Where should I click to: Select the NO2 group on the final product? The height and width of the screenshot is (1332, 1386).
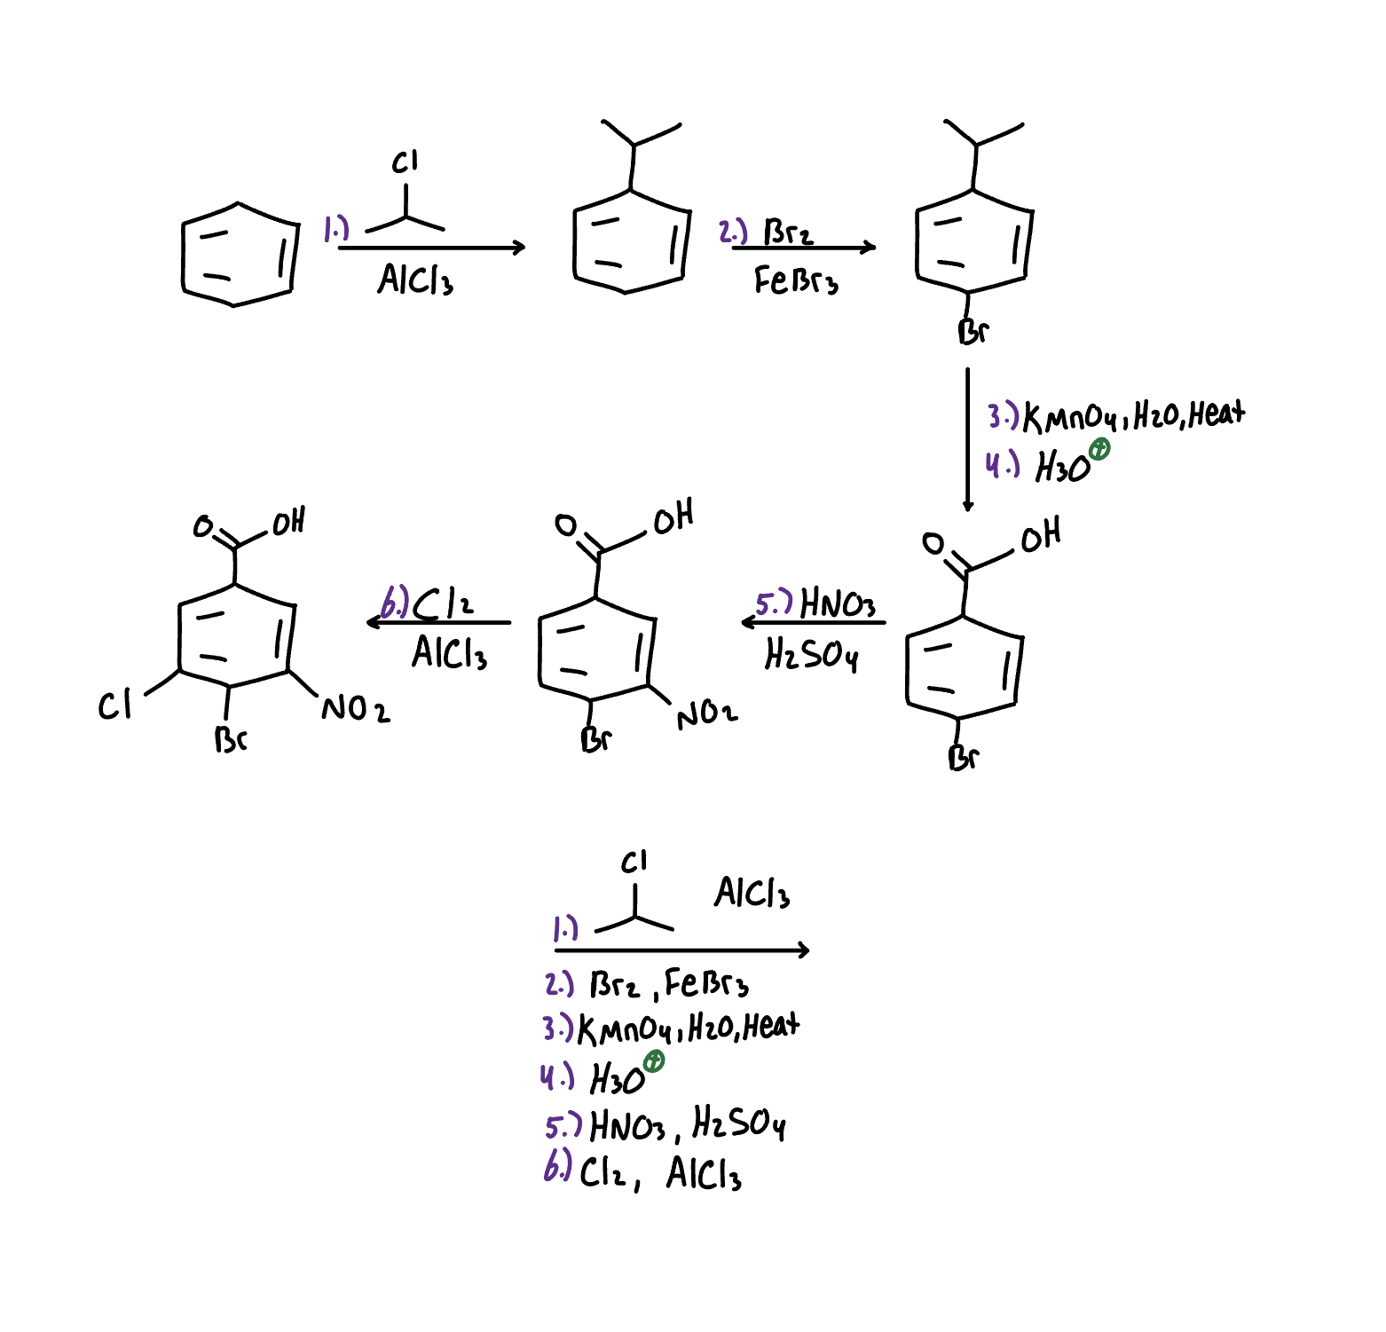(x=355, y=709)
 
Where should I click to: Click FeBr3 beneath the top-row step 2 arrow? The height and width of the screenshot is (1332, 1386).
(x=796, y=280)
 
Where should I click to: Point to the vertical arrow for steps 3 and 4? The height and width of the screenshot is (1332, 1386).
(x=967, y=439)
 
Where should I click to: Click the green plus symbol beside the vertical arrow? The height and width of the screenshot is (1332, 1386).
(x=1099, y=449)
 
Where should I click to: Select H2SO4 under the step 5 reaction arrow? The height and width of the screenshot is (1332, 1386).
(x=811, y=656)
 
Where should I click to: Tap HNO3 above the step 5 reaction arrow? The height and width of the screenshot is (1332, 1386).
(x=837, y=603)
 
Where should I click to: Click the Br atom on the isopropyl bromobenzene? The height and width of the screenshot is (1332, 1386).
(x=973, y=332)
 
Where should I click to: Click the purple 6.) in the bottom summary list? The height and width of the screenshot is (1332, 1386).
(x=557, y=1167)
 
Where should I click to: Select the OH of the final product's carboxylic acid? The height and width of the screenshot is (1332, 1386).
(x=288, y=522)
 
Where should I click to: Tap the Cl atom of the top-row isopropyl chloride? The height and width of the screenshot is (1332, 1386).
(x=405, y=162)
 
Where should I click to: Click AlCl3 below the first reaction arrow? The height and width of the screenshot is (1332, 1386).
(x=415, y=280)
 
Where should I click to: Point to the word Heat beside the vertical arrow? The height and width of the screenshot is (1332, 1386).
(x=1217, y=414)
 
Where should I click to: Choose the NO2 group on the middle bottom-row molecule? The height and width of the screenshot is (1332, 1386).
(x=706, y=713)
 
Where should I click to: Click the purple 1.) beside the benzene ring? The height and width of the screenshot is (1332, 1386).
(x=335, y=229)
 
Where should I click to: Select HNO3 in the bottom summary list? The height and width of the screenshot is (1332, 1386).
(x=627, y=1126)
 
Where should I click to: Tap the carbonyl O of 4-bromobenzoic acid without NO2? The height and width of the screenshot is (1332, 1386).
(x=933, y=542)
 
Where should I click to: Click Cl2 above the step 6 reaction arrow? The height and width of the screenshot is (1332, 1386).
(x=443, y=603)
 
